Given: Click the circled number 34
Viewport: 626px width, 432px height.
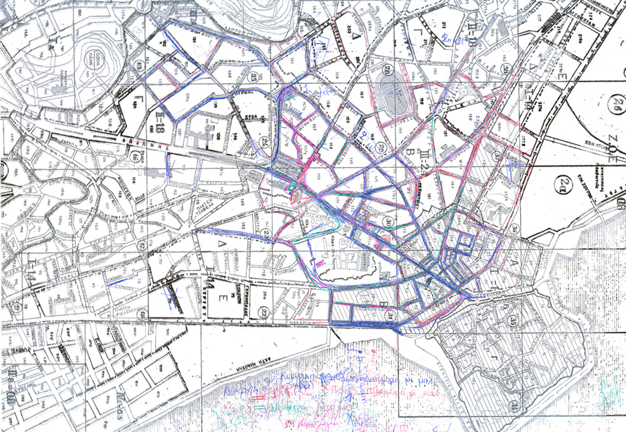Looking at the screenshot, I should coord(514,405).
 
